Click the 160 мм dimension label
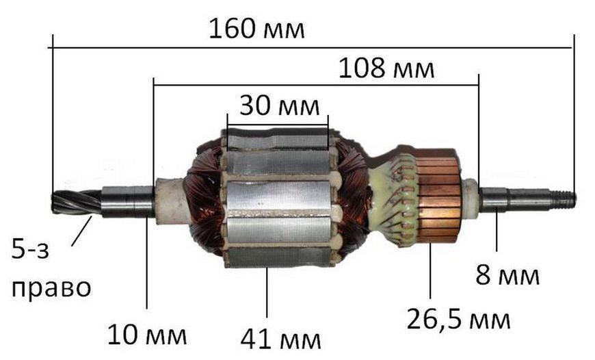pyautogui.click(x=256, y=29)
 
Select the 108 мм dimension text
pyautogui.click(x=386, y=68)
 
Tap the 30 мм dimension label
pyautogui.click(x=279, y=105)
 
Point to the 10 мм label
pyautogui.click(x=147, y=335)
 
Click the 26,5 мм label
pyautogui.click(x=458, y=320)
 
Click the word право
pyautogui.click(x=51, y=289)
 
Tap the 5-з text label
pyautogui.click(x=30, y=250)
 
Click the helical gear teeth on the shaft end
pyautogui.click(x=76, y=202)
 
